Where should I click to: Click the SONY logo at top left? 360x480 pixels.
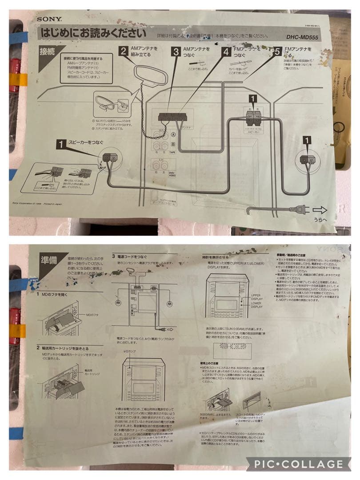[49, 19]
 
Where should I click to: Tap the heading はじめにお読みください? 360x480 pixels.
[93, 33]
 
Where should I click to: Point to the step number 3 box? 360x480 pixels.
[176, 52]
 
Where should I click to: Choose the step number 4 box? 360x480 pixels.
[226, 52]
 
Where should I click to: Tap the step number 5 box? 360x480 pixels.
[277, 52]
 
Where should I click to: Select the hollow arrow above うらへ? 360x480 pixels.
[320, 209]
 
